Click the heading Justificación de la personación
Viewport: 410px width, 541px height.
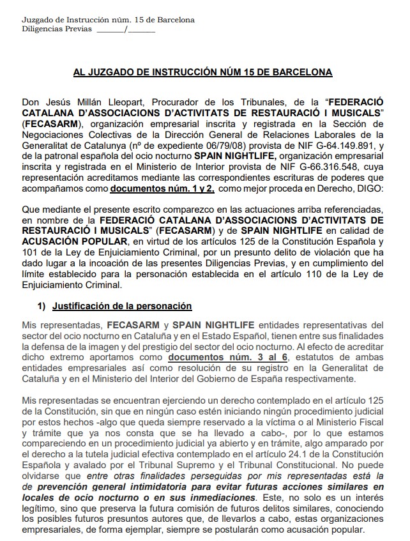[x=123, y=306]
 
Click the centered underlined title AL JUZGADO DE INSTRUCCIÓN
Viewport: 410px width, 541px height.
[x=202, y=73]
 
